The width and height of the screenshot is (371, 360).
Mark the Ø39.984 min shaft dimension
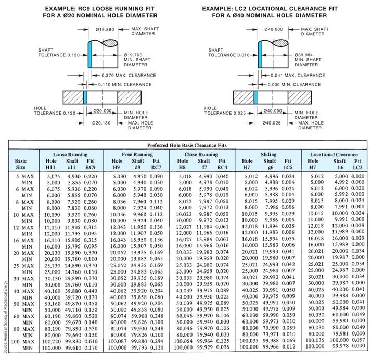(305, 55)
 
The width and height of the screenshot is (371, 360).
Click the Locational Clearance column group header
(334, 155)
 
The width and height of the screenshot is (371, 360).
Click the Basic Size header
(20, 164)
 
